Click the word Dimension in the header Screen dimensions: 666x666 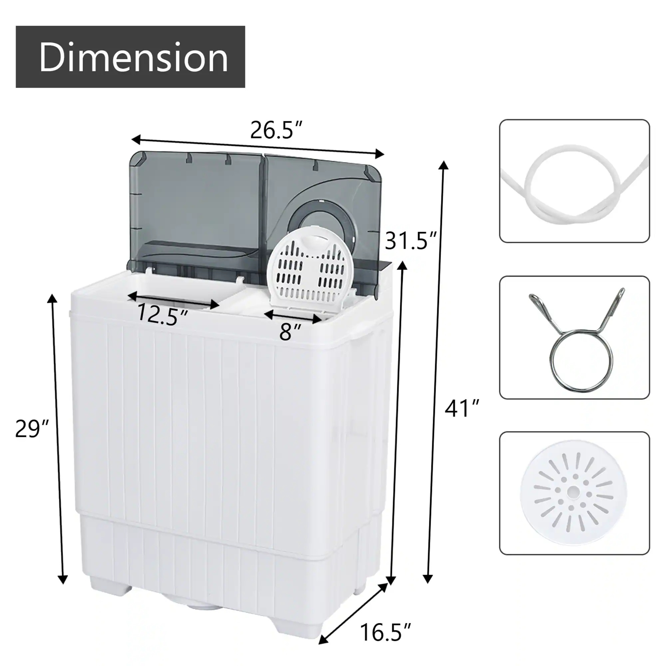pos(133,57)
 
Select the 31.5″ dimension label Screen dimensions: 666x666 pos(410,241)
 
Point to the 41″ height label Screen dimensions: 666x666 pos(462,409)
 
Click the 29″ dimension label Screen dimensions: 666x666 pos(32,429)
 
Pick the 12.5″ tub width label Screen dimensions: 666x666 pos(162,314)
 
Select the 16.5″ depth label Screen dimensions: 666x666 pos(385,633)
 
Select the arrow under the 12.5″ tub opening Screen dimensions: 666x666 pos(173,300)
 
